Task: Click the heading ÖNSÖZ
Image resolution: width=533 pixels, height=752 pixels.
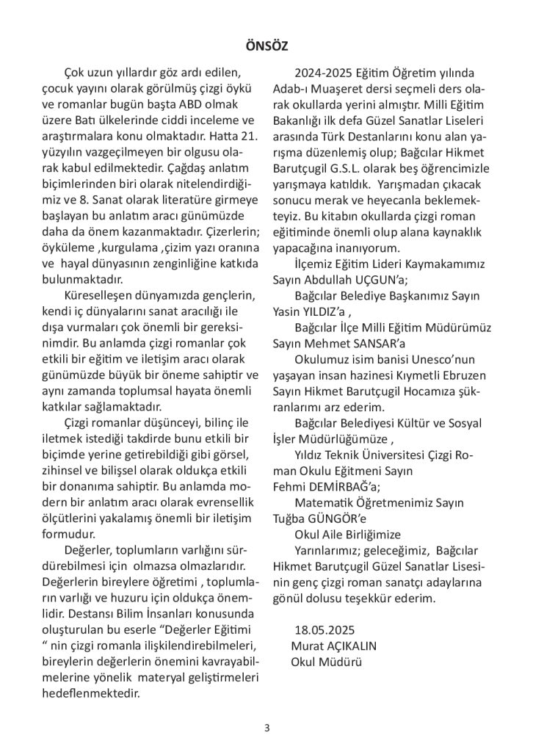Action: point(266,46)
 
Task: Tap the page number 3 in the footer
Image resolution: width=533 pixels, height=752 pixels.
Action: point(267,728)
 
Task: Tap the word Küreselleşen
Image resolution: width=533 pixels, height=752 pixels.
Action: point(101,295)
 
